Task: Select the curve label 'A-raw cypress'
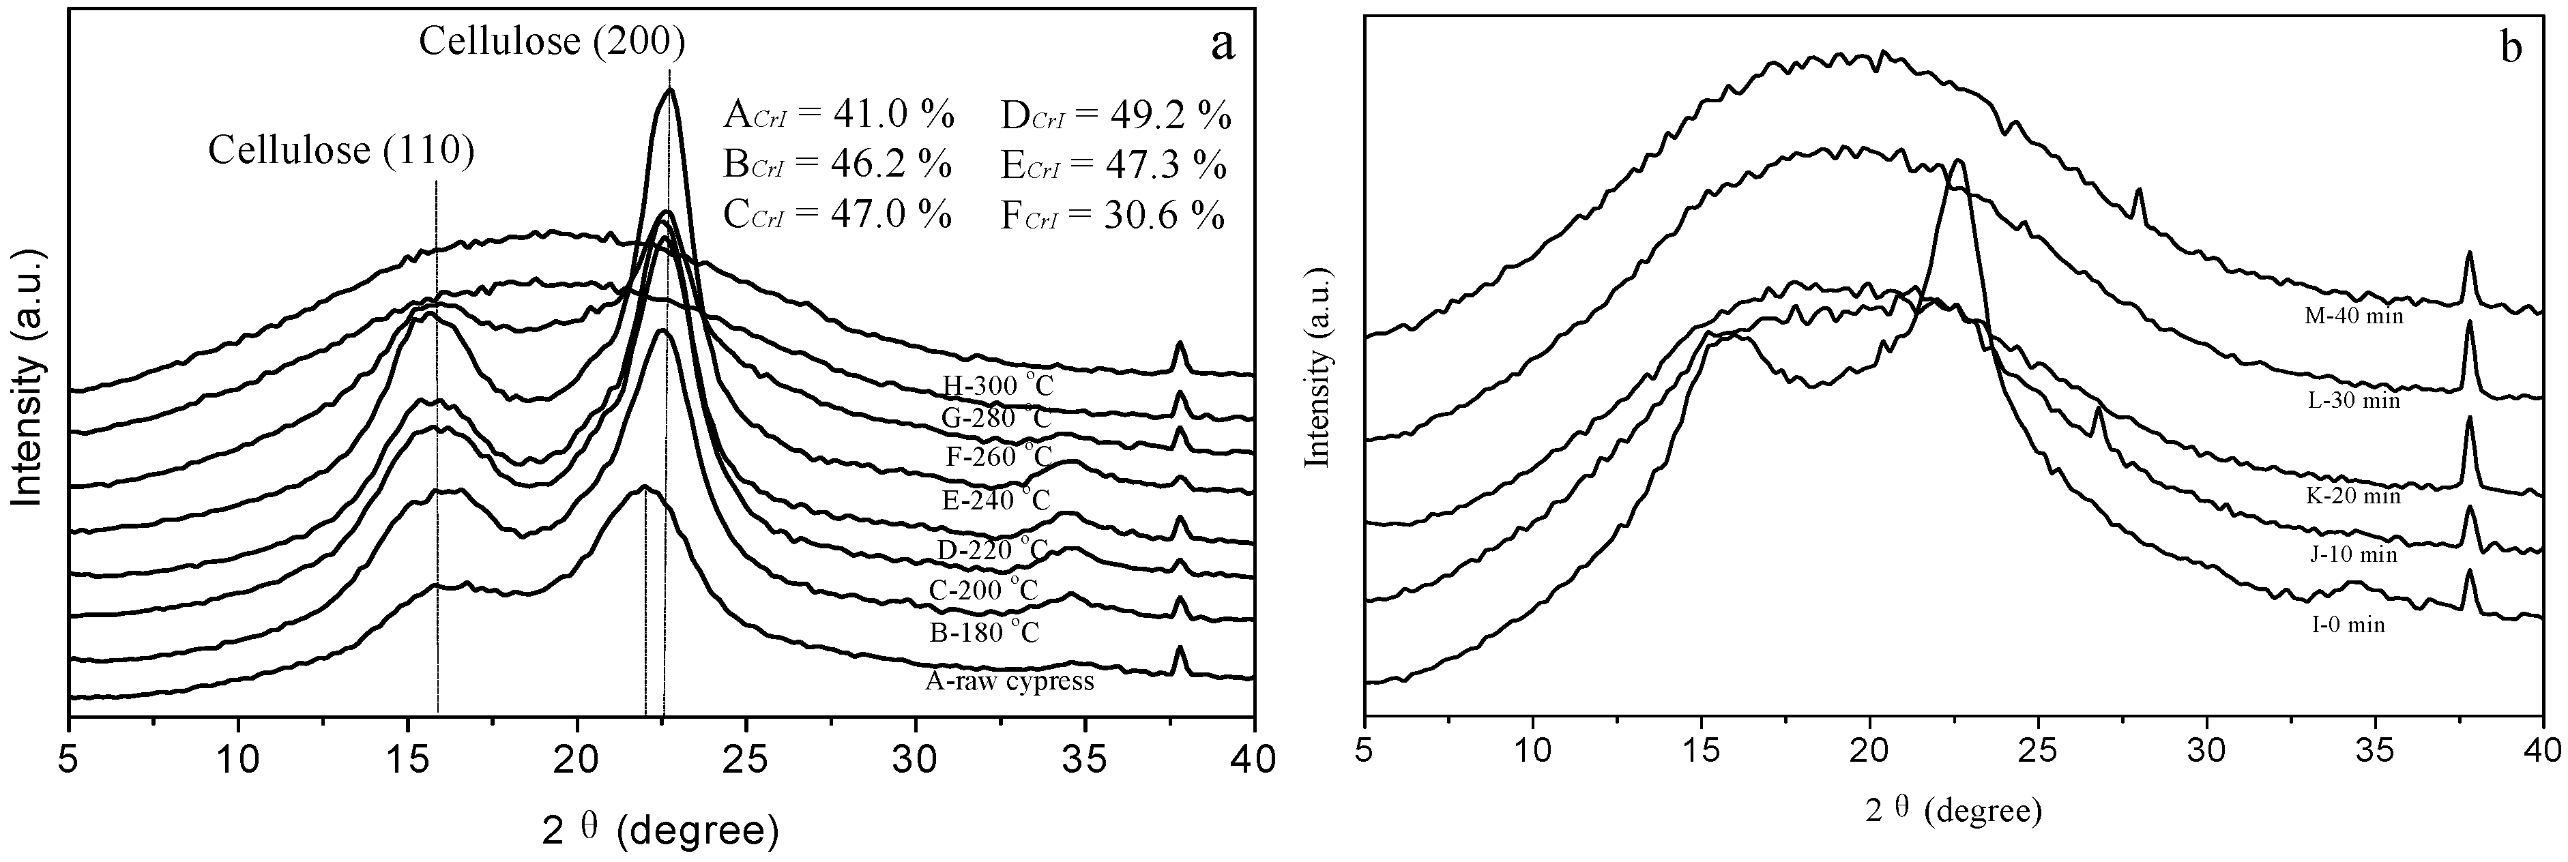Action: (1010, 682)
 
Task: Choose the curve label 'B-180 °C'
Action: (982, 631)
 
